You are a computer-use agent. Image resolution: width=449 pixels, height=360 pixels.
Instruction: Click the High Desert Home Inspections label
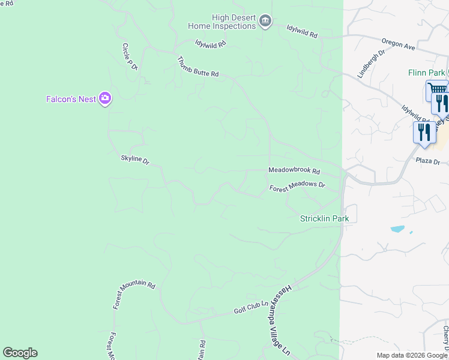[x=221, y=22]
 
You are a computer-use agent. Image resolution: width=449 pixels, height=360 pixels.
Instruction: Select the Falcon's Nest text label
[x=71, y=99]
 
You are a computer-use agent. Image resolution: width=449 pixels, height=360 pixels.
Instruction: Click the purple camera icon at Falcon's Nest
[x=105, y=98]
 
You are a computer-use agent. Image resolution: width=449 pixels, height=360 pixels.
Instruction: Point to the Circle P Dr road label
[x=130, y=57]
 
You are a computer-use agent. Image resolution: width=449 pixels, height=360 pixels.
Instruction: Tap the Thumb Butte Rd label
[x=198, y=66]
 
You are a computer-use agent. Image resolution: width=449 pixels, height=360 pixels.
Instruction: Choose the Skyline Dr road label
[x=135, y=160]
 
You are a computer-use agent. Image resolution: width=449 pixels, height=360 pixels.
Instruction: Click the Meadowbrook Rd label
[x=294, y=171]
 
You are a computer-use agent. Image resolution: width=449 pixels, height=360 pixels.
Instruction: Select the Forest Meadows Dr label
[x=297, y=187]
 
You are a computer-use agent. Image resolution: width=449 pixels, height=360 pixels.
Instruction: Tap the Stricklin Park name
[x=324, y=218]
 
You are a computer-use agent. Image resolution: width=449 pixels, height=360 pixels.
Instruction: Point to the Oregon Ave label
[x=398, y=44]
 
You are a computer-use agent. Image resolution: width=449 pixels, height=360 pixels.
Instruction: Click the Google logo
[x=20, y=353]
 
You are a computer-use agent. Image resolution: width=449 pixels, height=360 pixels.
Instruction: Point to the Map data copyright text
[x=412, y=355]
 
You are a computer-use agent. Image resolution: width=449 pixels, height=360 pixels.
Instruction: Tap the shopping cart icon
[x=435, y=89]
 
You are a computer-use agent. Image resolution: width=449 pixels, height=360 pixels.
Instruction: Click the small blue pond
[x=397, y=229]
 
